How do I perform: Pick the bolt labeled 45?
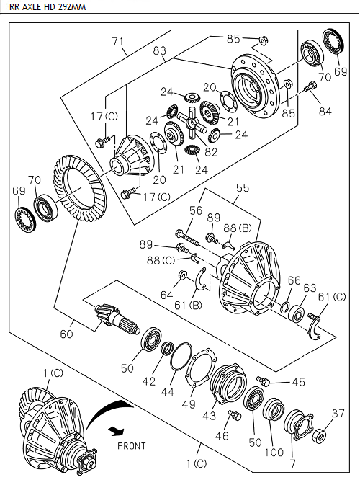[x=263, y=381]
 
